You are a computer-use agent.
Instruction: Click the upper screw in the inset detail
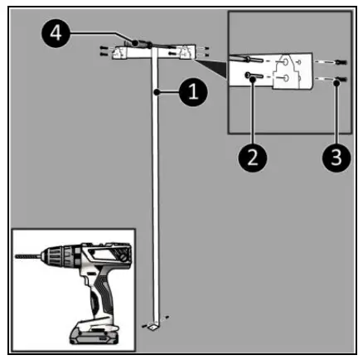(253, 59)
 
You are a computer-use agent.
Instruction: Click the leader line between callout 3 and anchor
(335, 116)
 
